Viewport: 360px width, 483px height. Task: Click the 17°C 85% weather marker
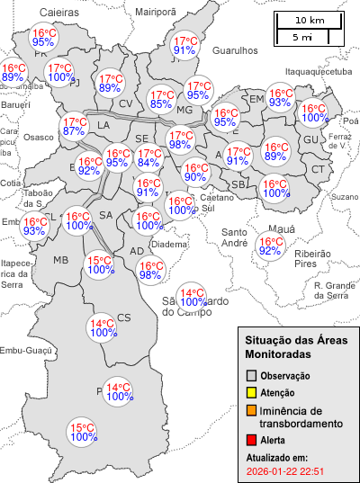161,99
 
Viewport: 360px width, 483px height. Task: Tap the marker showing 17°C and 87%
74,127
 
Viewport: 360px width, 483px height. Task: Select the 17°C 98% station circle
179,139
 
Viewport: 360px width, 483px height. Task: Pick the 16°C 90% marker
195,171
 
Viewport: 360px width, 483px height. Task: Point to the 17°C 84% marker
148,157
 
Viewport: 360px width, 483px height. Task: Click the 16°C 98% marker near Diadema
150,270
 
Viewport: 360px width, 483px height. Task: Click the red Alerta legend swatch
252,440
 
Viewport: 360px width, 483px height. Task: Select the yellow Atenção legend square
252,392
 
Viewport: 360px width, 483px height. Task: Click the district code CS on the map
124,317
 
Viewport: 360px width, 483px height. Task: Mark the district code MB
61,260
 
